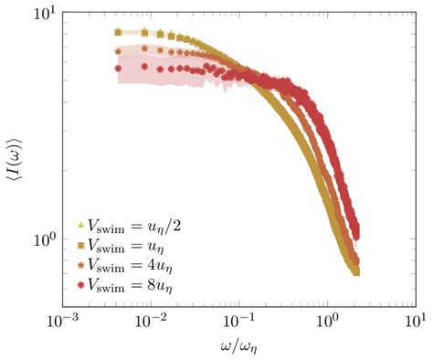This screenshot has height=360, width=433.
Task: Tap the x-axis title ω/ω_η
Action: point(238,346)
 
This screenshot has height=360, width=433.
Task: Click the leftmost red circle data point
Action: point(118,69)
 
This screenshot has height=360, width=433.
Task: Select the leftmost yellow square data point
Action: point(118,32)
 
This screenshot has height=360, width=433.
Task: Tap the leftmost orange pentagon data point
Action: point(118,51)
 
